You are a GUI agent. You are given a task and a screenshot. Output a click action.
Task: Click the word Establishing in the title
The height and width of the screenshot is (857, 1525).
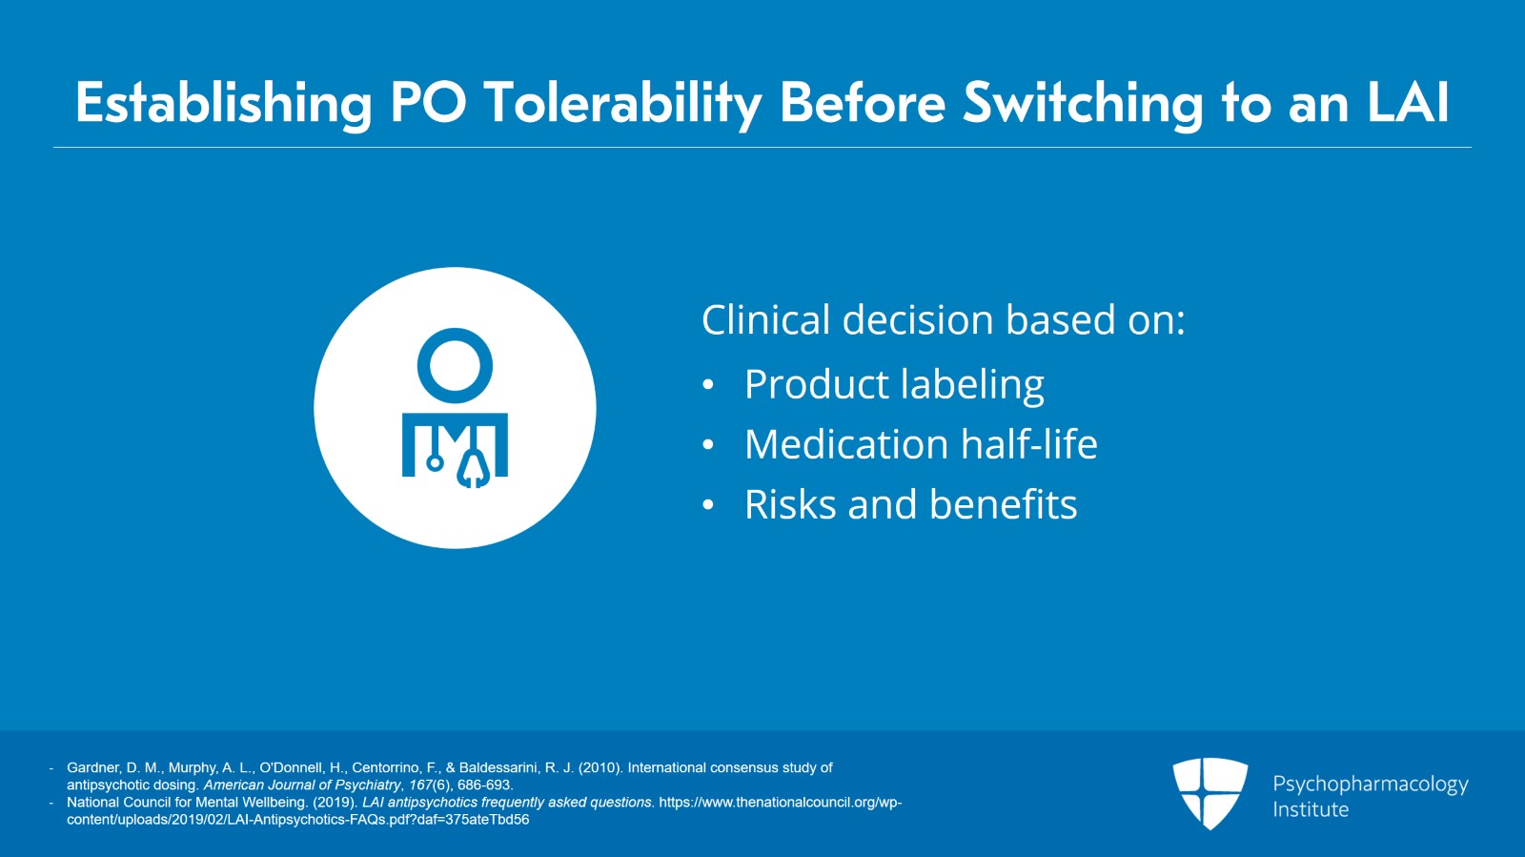coord(223,104)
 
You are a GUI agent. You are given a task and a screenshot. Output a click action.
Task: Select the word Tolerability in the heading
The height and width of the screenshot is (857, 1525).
coord(622,104)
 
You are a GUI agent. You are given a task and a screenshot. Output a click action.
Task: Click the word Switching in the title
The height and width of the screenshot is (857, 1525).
coord(1083,104)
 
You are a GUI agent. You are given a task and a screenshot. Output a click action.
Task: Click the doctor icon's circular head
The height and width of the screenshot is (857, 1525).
coord(455,365)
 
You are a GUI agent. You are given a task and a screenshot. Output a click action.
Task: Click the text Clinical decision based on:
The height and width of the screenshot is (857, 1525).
coord(943,320)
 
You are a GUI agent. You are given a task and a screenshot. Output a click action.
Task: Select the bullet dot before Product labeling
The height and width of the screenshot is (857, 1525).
coord(708,385)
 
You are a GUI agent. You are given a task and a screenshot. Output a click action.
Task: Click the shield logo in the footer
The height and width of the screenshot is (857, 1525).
coord(1210,793)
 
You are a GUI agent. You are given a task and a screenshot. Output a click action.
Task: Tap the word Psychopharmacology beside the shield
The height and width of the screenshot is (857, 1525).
coord(1370,785)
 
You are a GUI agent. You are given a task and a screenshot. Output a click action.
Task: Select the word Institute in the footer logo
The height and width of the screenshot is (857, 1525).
coord(1311,810)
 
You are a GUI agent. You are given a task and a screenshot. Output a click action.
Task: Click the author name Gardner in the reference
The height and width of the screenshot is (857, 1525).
coord(91,767)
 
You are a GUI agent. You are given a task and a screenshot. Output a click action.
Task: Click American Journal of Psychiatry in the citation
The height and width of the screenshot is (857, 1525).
coord(302,785)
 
